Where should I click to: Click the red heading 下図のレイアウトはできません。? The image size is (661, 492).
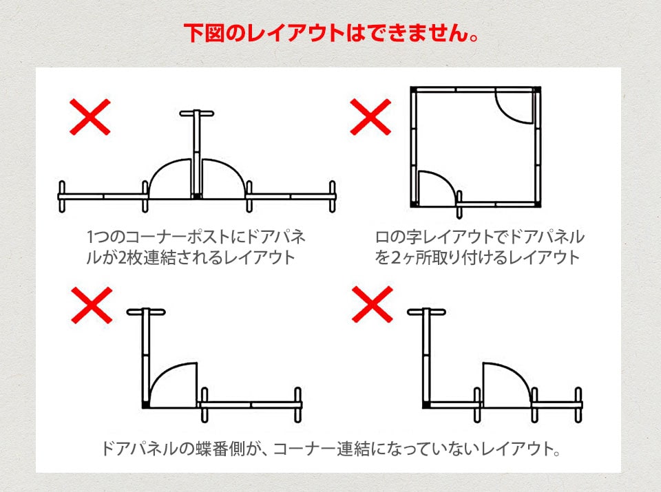pos(330,32)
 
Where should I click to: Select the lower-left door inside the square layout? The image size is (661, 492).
pos(435,187)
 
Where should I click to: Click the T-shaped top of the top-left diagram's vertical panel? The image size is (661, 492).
pos(197,113)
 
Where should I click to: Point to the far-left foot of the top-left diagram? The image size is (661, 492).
pos(62,196)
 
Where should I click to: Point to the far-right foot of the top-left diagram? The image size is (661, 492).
pos(333,196)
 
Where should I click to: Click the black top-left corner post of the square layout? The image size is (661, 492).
pos(413,89)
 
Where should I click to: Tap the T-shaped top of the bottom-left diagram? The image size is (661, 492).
pos(146,312)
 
